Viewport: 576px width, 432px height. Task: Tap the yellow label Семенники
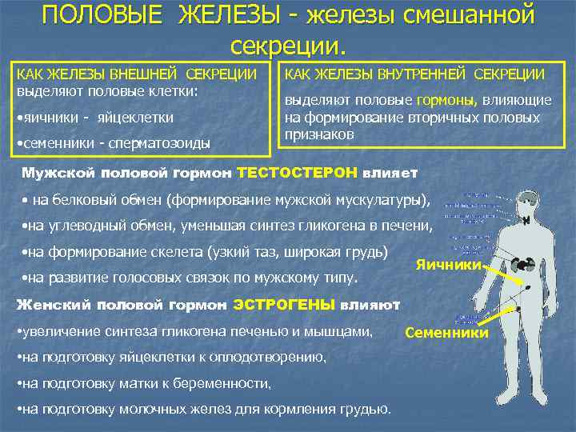point(446,332)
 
